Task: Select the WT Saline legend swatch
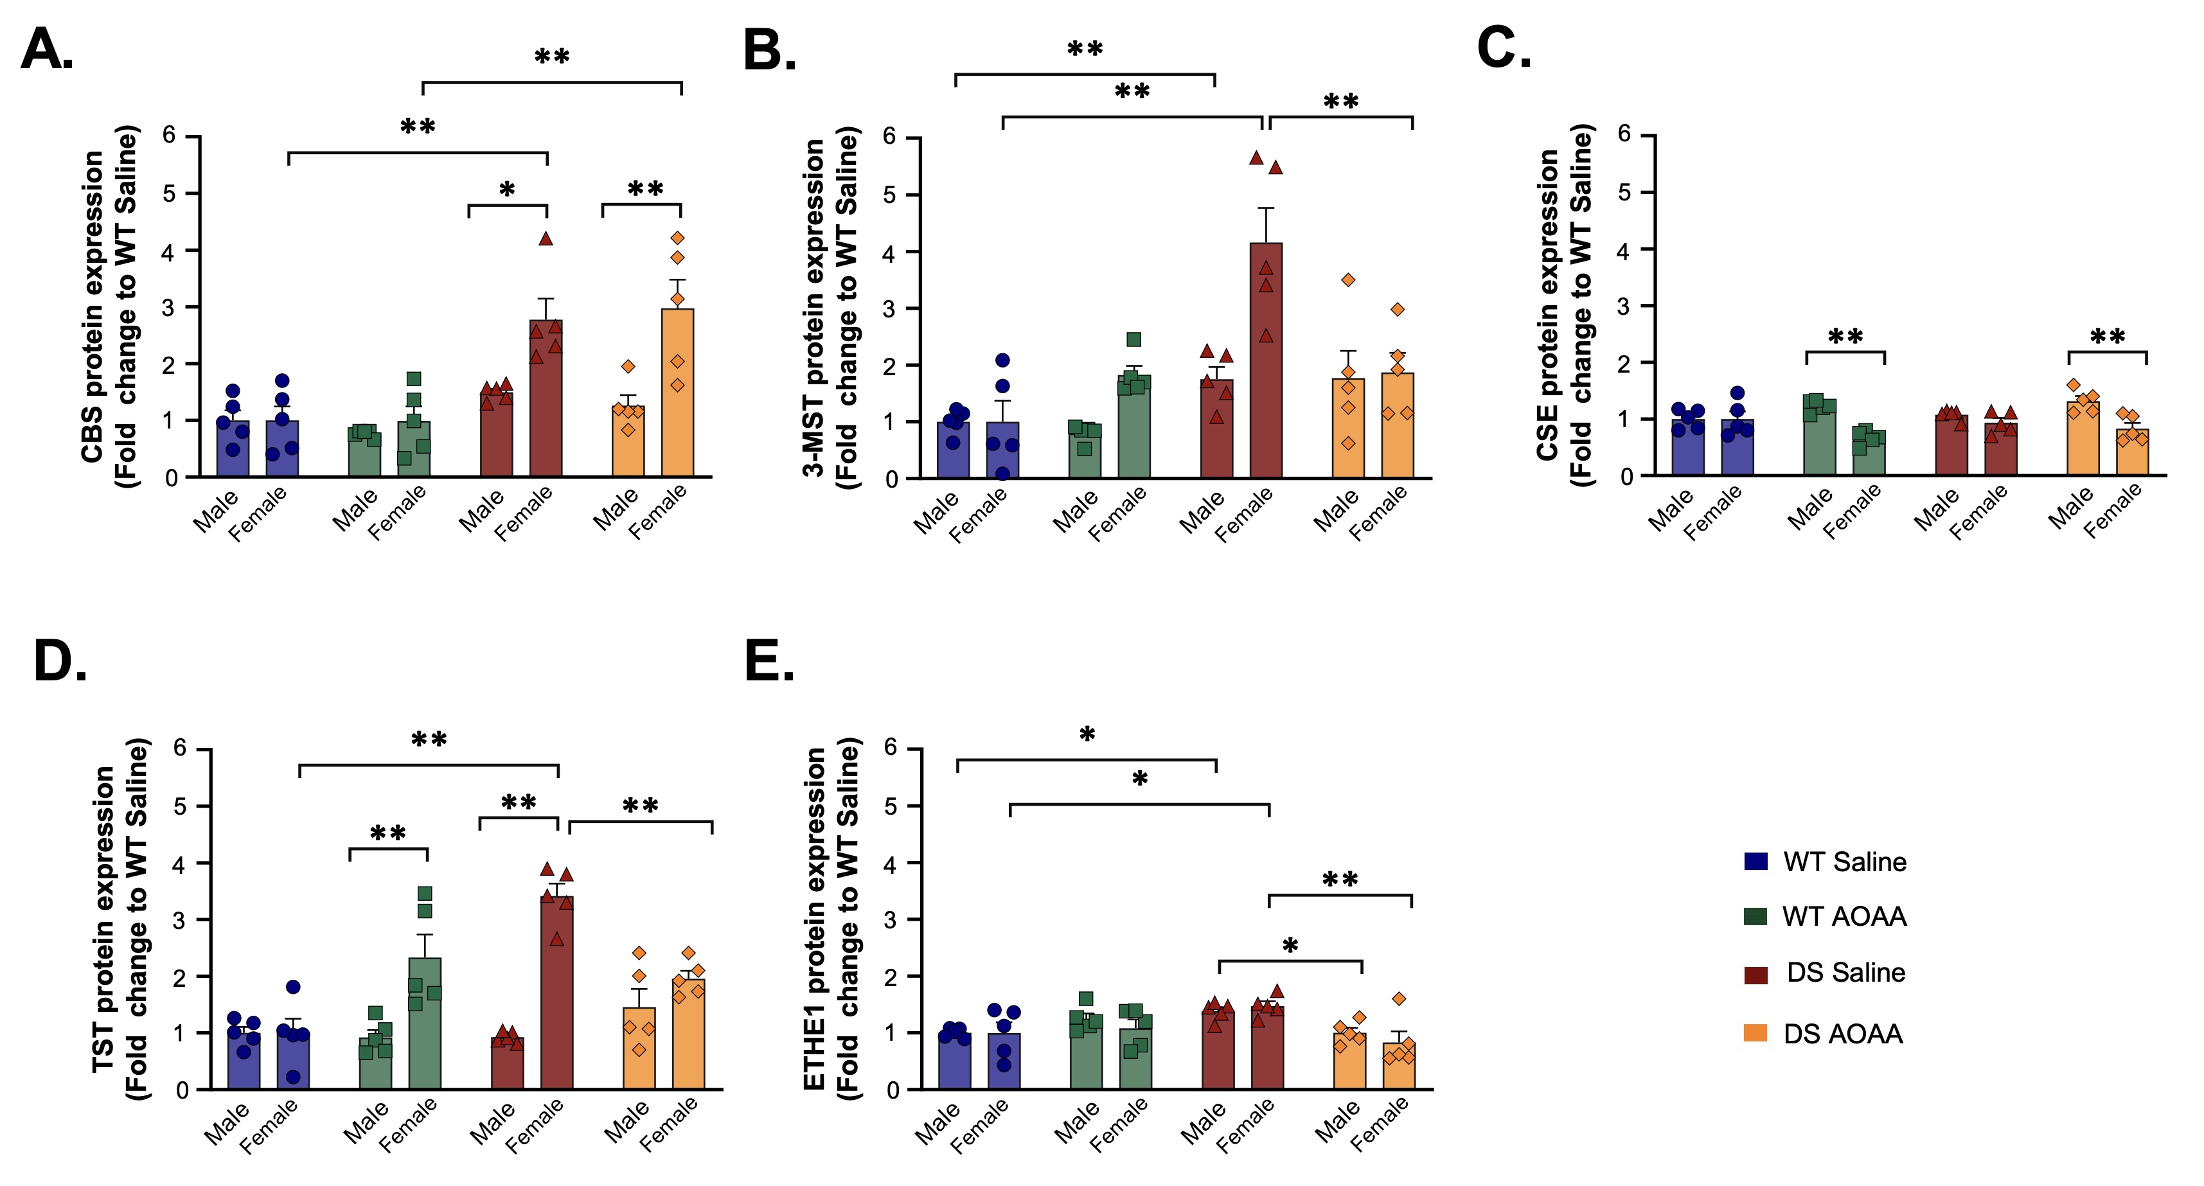pos(1755,861)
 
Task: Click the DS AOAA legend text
pos(1843,1034)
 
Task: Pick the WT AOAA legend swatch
pos(1755,916)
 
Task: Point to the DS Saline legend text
pos(1845,972)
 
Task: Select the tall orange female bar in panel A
pos(678,393)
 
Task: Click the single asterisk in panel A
pos(508,191)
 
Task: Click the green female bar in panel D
pos(424,1023)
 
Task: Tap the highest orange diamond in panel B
pos(1348,280)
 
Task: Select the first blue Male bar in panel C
pos(1688,448)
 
